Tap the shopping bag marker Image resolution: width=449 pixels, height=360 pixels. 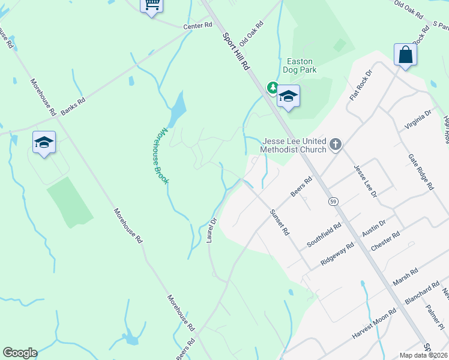tap(406, 55)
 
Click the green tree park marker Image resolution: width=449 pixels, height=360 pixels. tap(273, 88)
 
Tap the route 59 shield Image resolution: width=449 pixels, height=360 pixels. tap(333, 202)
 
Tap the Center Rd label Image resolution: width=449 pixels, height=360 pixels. tap(199, 25)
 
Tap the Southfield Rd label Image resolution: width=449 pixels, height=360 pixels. tap(324, 235)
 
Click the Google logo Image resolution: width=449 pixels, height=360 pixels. tap(20, 353)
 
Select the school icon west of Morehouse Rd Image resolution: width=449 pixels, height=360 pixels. tap(44, 142)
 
